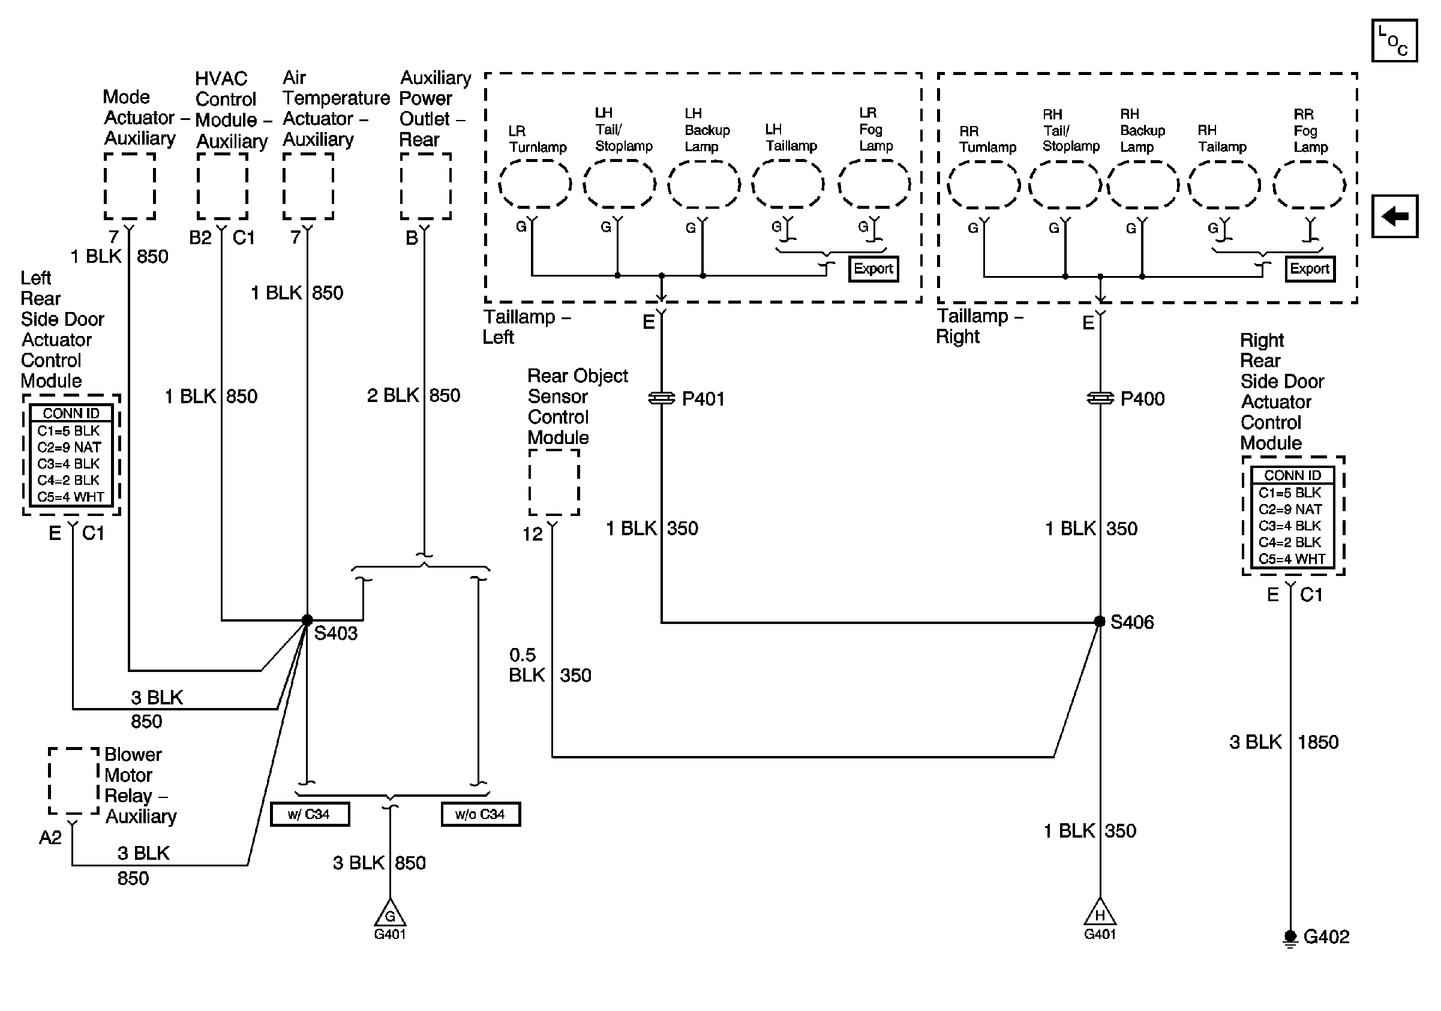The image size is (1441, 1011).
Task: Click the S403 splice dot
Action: tap(307, 620)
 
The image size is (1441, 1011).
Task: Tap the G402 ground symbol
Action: tap(1290, 938)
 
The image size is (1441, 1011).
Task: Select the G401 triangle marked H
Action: tap(1100, 911)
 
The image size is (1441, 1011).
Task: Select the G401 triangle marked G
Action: tap(390, 912)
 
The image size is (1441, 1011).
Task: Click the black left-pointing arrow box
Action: tap(1395, 217)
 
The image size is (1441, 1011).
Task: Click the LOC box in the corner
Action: tap(1395, 41)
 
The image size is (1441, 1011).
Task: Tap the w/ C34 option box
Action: tap(310, 815)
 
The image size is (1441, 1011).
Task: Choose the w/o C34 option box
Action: tap(481, 815)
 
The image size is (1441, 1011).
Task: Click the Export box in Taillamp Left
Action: tap(873, 269)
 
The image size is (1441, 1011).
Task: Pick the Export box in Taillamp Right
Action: tap(1310, 269)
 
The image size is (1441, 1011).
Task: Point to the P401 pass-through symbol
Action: tap(661, 398)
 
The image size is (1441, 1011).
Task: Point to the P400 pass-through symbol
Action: tap(1100, 398)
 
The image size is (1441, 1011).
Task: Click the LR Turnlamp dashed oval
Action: tap(535, 184)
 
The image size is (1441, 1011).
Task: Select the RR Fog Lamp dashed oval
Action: tap(1309, 185)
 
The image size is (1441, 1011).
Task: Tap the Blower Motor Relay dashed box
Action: tap(74, 781)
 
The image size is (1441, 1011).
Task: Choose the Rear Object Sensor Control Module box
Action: tap(554, 482)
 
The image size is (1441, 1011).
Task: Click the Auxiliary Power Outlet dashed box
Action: tap(426, 187)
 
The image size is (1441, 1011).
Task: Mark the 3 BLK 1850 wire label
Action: tap(1284, 742)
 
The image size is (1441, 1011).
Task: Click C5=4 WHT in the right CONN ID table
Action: tap(1292, 559)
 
